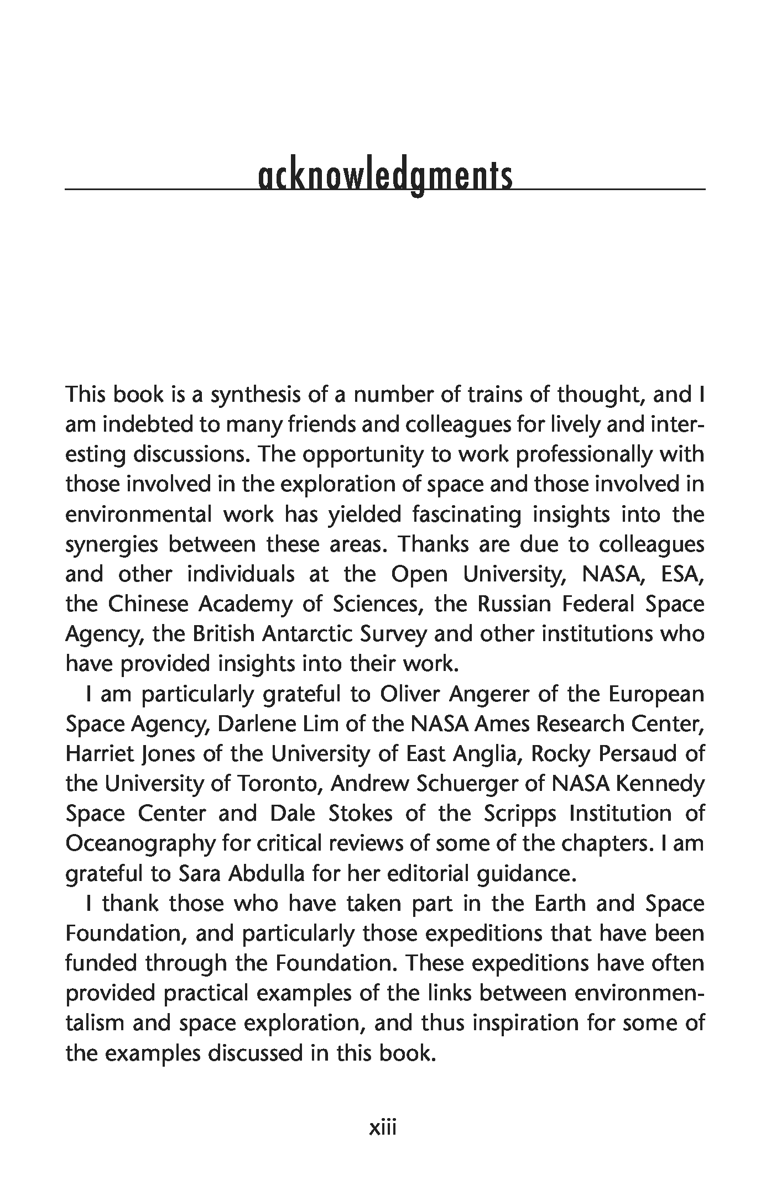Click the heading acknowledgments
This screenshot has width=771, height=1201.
coord(385,177)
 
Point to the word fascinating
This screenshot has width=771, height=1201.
coord(467,515)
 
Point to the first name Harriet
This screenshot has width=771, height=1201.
coord(96,754)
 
